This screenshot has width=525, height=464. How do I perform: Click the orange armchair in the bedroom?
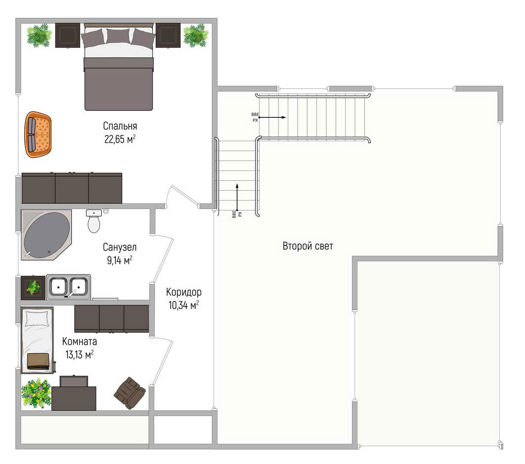tap(38, 135)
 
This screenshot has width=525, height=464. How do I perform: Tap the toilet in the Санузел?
tap(94, 221)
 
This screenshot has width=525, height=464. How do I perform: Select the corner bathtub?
tap(46, 235)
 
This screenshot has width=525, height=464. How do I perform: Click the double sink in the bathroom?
tap(68, 287)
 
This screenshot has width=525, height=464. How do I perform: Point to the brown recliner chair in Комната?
tap(130, 393)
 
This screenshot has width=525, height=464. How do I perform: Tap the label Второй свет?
tap(308, 246)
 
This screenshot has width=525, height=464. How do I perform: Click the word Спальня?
tap(120, 126)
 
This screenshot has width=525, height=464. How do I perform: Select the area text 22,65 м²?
tap(120, 139)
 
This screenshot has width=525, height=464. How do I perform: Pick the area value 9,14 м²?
tap(119, 260)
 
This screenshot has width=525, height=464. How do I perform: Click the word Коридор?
tap(184, 292)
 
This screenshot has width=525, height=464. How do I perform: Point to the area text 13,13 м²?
tap(79, 355)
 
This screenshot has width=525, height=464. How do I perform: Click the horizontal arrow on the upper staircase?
tap(272, 117)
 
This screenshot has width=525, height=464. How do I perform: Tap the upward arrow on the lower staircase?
tap(237, 197)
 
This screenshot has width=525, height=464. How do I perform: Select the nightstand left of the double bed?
tap(68, 36)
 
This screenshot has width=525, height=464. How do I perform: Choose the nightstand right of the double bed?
tap(168, 36)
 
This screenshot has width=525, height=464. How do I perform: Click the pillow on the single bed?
tap(37, 318)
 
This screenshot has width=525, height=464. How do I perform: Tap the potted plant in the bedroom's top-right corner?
tap(196, 35)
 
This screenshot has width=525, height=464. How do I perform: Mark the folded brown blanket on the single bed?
tap(39, 361)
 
